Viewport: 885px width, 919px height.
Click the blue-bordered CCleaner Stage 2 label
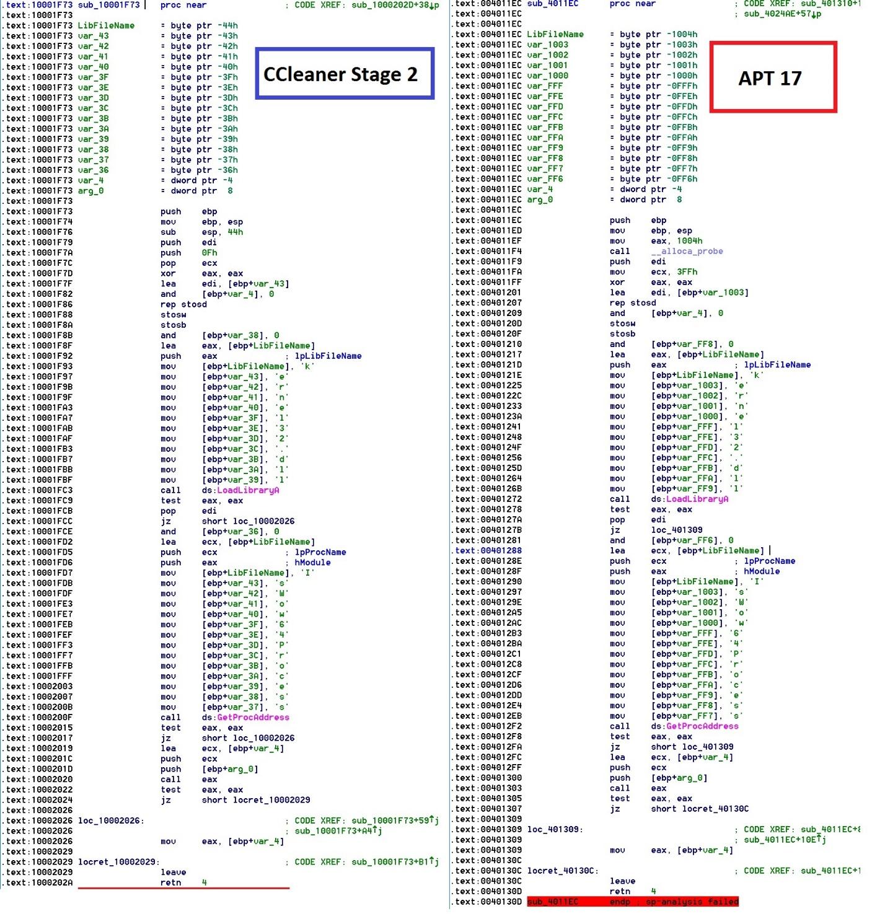(345, 74)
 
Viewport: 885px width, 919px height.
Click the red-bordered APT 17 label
(773, 77)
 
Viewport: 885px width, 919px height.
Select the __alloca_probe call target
(691, 252)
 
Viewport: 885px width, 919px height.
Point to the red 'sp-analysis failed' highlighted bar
(633, 902)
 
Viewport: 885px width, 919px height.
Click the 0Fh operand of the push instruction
(209, 253)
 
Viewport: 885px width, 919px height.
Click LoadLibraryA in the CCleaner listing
(248, 490)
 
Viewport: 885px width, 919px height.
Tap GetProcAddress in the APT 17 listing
(702, 726)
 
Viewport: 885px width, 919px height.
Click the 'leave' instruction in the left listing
(174, 873)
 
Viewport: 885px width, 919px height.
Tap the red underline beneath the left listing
(183, 888)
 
